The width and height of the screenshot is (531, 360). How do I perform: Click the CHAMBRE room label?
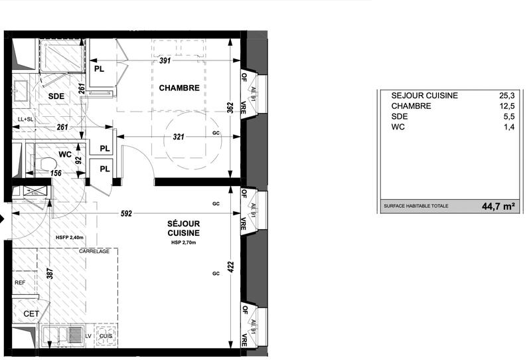(x=179, y=88)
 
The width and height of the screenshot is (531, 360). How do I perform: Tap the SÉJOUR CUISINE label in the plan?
(x=183, y=229)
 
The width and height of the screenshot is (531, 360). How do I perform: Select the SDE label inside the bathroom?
(x=56, y=96)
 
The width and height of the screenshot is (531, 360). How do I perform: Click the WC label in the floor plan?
(x=65, y=154)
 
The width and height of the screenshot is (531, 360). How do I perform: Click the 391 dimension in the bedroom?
(x=166, y=60)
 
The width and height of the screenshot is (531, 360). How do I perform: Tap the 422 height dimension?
(x=230, y=266)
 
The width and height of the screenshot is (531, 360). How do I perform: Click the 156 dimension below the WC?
(x=58, y=173)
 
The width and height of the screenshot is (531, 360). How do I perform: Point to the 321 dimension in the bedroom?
(x=175, y=136)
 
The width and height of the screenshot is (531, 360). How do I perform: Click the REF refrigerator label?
(x=20, y=282)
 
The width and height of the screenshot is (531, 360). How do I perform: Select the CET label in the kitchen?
(x=31, y=314)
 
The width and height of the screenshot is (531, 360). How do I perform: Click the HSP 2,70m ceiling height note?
(x=183, y=244)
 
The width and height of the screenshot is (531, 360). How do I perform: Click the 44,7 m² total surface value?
(x=498, y=207)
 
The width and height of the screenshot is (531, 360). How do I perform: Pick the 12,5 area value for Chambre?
(x=507, y=106)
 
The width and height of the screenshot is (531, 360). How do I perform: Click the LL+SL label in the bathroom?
(x=25, y=120)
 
